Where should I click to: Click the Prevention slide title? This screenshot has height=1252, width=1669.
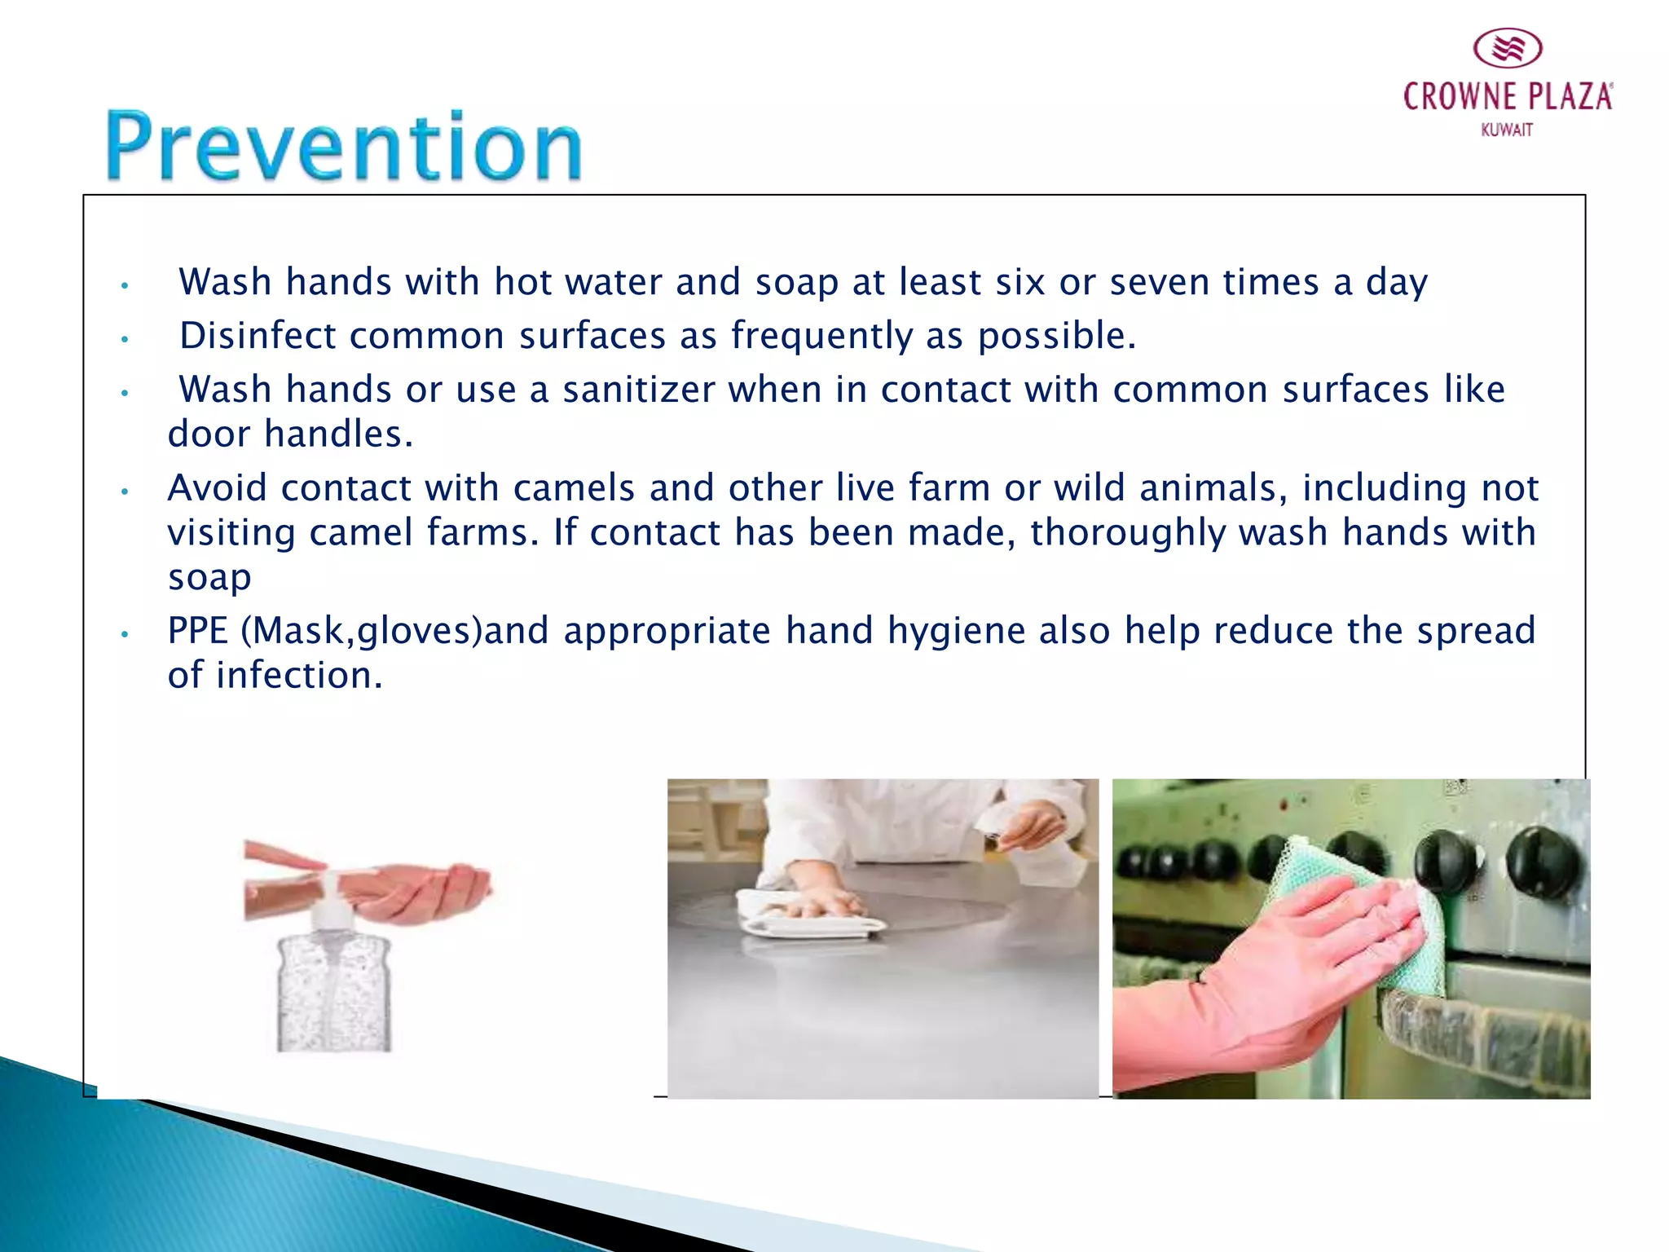click(344, 147)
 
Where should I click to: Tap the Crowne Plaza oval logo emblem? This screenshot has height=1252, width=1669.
click(1508, 49)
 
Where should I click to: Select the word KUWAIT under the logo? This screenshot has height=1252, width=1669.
click(1507, 130)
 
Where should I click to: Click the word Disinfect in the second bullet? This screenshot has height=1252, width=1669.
click(258, 336)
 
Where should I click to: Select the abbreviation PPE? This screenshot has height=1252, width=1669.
click(197, 631)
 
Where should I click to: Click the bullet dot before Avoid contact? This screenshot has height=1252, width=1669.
click(125, 492)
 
